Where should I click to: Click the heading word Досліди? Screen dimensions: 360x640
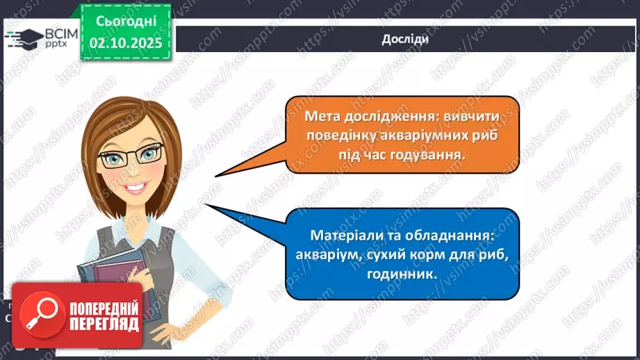click(404, 39)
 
